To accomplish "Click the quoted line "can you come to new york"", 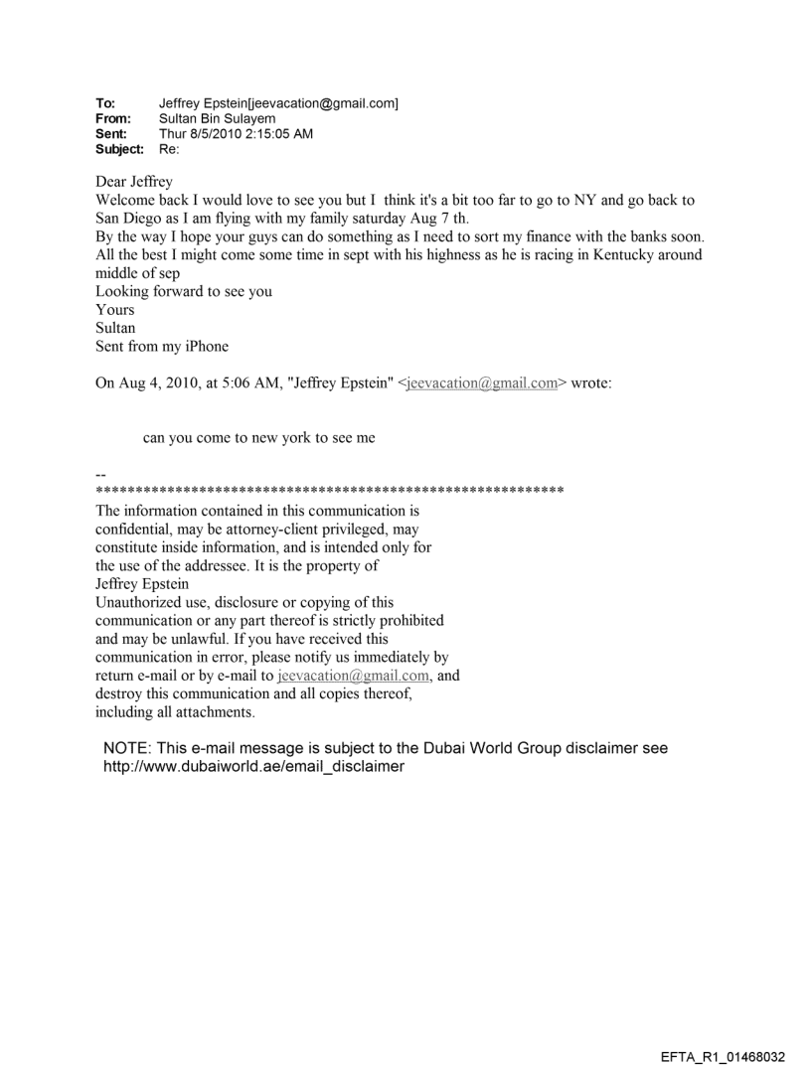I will pyautogui.click(x=259, y=438).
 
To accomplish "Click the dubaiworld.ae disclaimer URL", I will pyautogui.click(x=254, y=767).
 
